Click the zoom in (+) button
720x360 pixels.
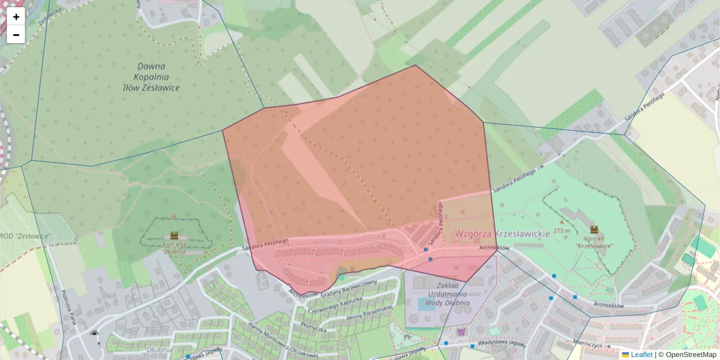pyautogui.click(x=16, y=17)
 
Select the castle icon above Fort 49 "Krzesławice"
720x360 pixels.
pyautogui.click(x=594, y=229)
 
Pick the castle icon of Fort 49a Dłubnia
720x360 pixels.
pyautogui.click(x=174, y=235)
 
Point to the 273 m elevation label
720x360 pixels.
pyautogui.click(x=562, y=230)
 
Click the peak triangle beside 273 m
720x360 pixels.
pyautogui.click(x=562, y=222)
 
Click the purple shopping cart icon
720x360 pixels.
pyautogui.click(x=461, y=332)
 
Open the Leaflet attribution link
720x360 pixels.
pyautogui.click(x=641, y=355)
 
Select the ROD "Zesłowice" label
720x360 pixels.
pyautogui.click(x=25, y=236)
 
